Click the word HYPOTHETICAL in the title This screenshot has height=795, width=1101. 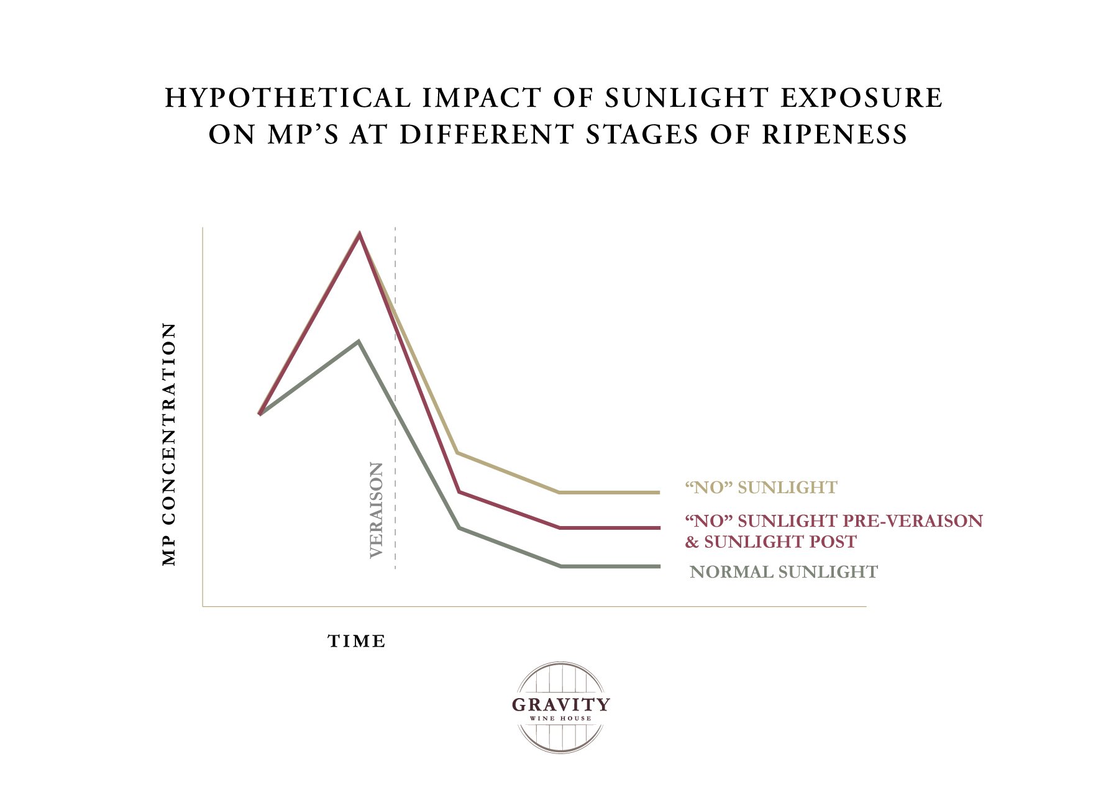point(287,99)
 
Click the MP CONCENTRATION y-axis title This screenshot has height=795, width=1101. point(169,444)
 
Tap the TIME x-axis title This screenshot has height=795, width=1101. point(357,642)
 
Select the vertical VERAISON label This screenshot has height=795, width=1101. point(377,510)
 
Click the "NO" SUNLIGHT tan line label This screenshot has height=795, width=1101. point(761,488)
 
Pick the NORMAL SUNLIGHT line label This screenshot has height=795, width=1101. point(783,572)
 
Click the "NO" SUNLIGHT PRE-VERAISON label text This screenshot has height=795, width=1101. point(833,520)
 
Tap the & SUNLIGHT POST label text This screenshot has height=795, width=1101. point(770,542)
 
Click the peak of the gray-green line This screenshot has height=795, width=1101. point(359,342)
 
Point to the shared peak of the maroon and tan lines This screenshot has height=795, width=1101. point(359,234)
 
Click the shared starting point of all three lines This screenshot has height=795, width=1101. point(260,414)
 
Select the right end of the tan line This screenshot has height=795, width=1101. point(658,493)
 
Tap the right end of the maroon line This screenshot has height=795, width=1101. point(658,528)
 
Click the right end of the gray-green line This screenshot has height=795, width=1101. point(658,566)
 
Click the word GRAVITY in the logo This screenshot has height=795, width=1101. point(560,705)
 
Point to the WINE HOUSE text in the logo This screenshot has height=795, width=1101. point(560,719)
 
